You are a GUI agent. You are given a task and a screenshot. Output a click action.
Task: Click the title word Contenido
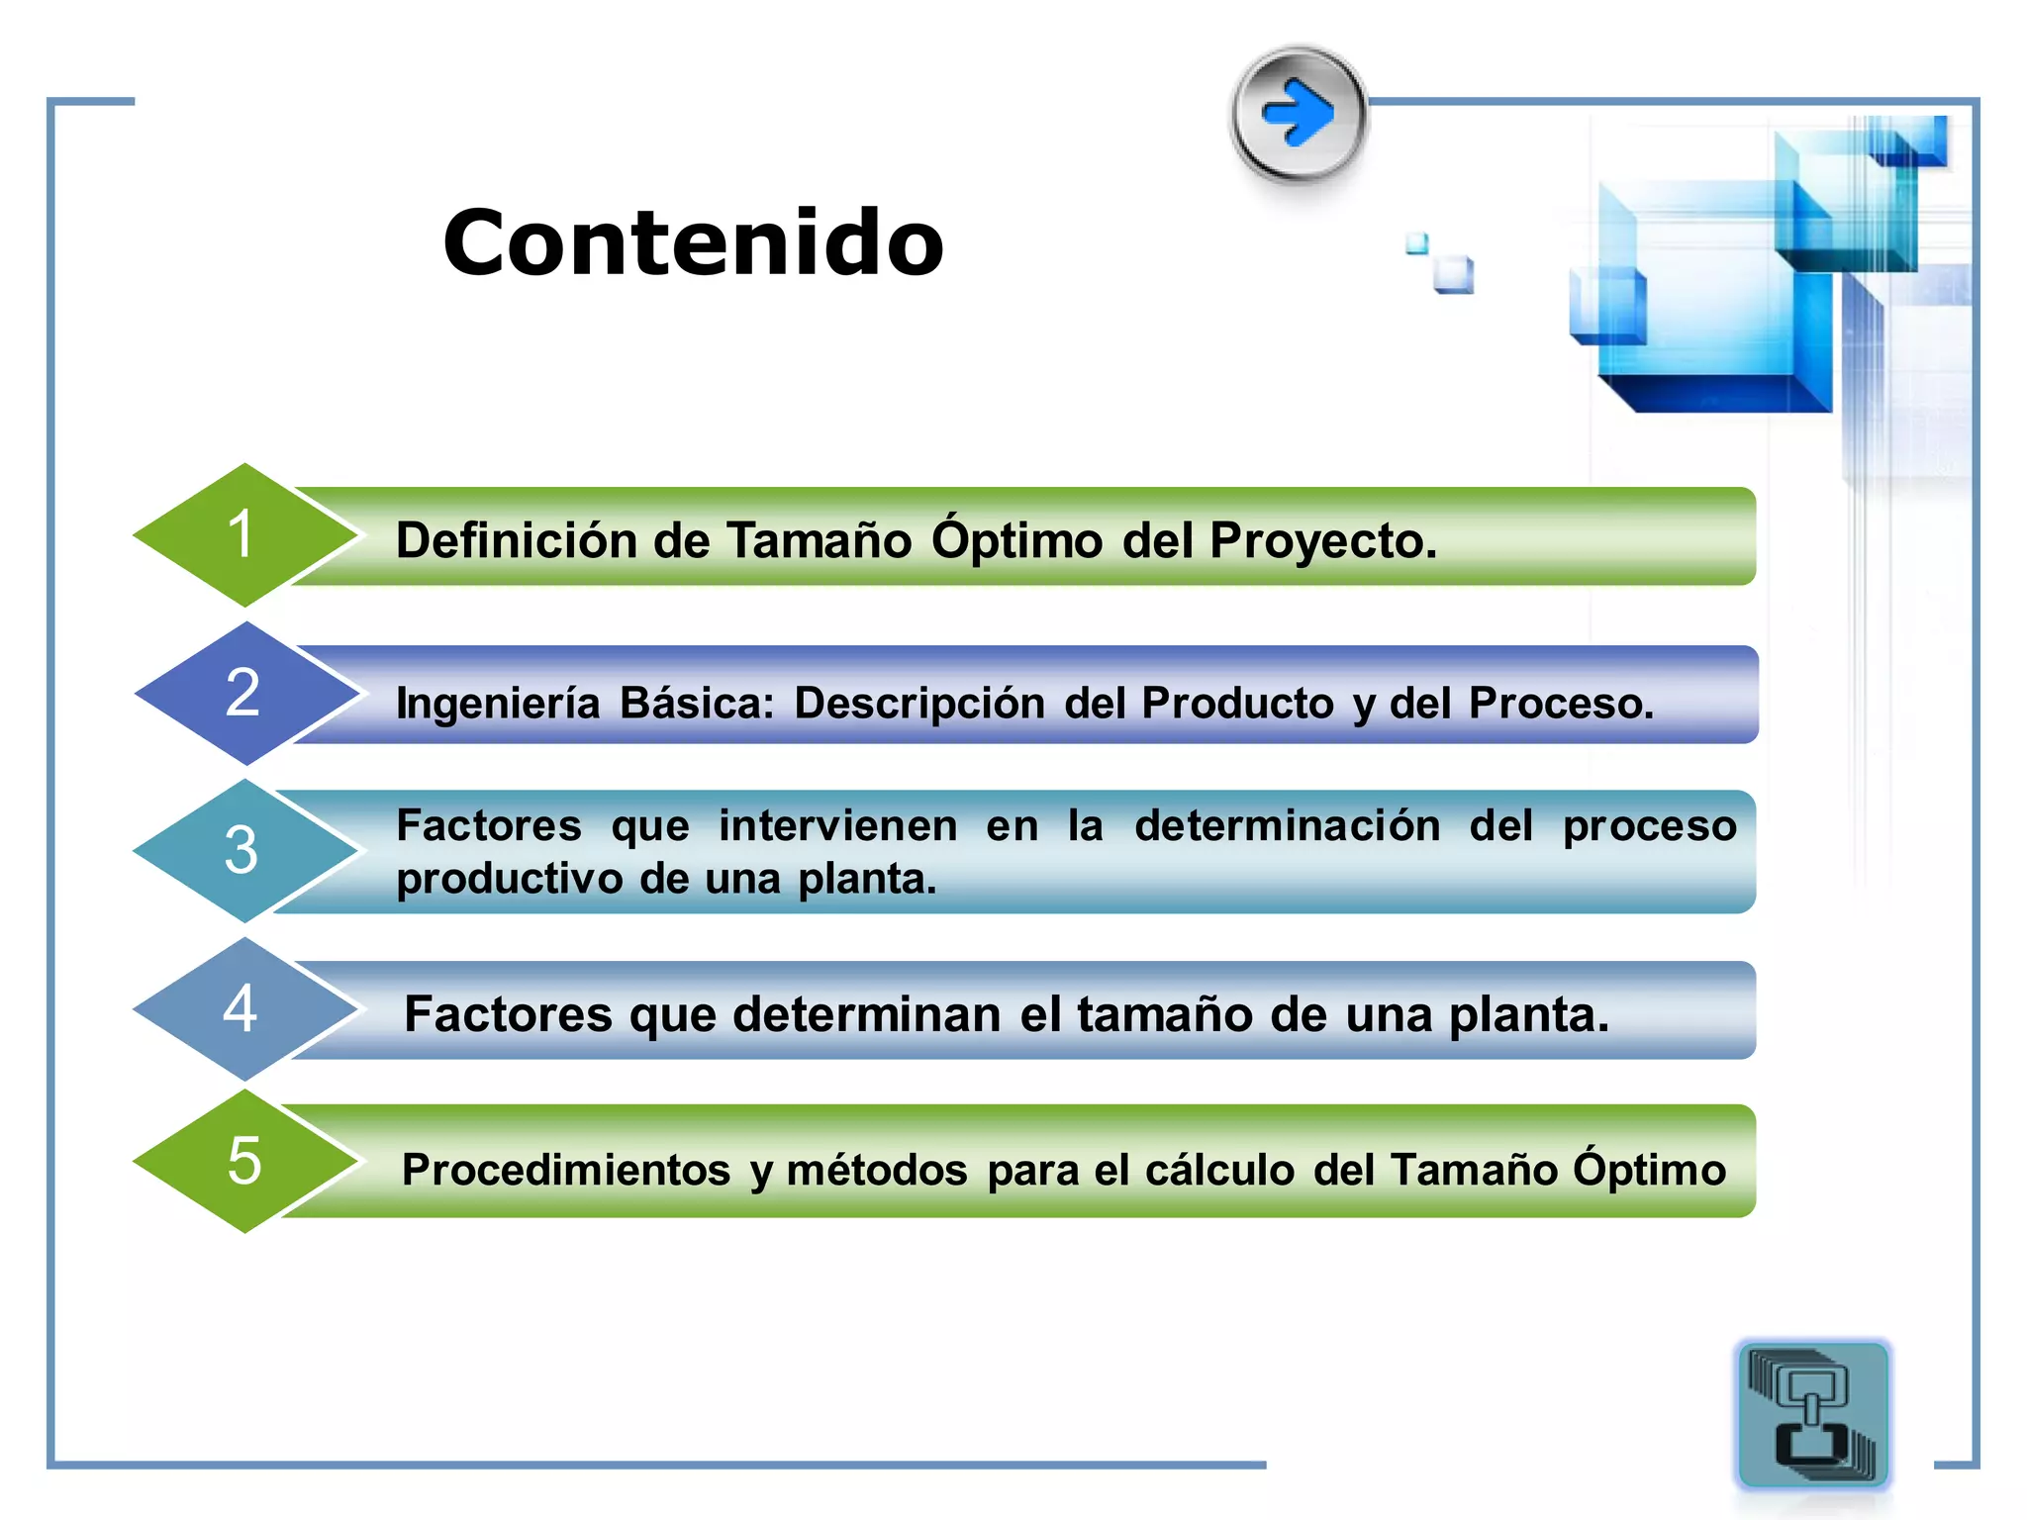click(x=693, y=243)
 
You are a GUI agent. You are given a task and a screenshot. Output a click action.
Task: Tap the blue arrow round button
click(x=1299, y=114)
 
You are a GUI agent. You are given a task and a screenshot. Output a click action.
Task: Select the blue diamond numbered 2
click(x=242, y=693)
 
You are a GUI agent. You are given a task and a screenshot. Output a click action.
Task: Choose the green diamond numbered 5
click(x=242, y=1161)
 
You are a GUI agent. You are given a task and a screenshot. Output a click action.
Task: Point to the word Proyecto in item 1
click(x=1321, y=541)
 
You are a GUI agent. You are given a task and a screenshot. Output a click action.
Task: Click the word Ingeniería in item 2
click(x=498, y=704)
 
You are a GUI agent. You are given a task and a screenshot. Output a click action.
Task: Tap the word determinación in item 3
click(x=1287, y=825)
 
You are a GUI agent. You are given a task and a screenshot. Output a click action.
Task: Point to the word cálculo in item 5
click(x=1219, y=1170)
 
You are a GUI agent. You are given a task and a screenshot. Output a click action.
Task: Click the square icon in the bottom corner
click(x=1812, y=1414)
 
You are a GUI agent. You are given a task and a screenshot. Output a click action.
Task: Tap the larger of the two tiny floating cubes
click(x=1454, y=274)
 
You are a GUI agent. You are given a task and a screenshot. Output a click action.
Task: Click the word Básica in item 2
click(x=696, y=704)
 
